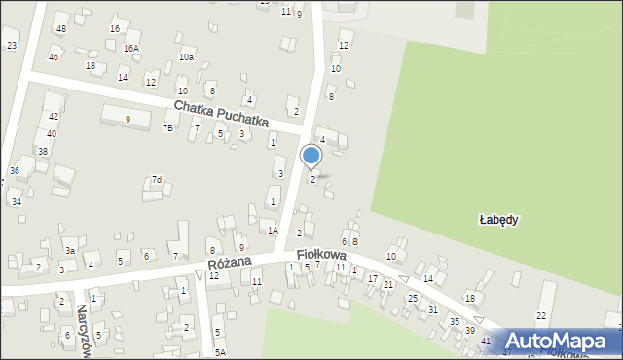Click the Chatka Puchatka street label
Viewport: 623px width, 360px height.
point(221,112)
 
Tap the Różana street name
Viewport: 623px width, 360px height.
point(230,264)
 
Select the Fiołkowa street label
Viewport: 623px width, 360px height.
point(321,254)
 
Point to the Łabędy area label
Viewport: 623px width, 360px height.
point(498,220)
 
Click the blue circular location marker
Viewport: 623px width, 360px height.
point(311,155)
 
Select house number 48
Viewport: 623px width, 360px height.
point(61,29)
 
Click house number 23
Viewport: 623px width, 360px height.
point(12,46)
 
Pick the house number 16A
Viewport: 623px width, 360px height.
point(130,48)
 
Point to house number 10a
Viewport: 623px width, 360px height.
point(186,57)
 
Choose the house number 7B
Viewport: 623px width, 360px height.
point(168,128)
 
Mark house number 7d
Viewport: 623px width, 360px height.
point(156,180)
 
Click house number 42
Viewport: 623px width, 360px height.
point(53,116)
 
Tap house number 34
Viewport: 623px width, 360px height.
point(17,202)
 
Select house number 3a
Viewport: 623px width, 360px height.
point(70,251)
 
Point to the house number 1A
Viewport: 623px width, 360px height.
point(274,230)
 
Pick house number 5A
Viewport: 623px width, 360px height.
point(221,352)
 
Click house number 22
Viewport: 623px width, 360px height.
point(541,316)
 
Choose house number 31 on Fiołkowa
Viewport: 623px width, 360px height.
point(433,309)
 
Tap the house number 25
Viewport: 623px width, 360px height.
point(413,298)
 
